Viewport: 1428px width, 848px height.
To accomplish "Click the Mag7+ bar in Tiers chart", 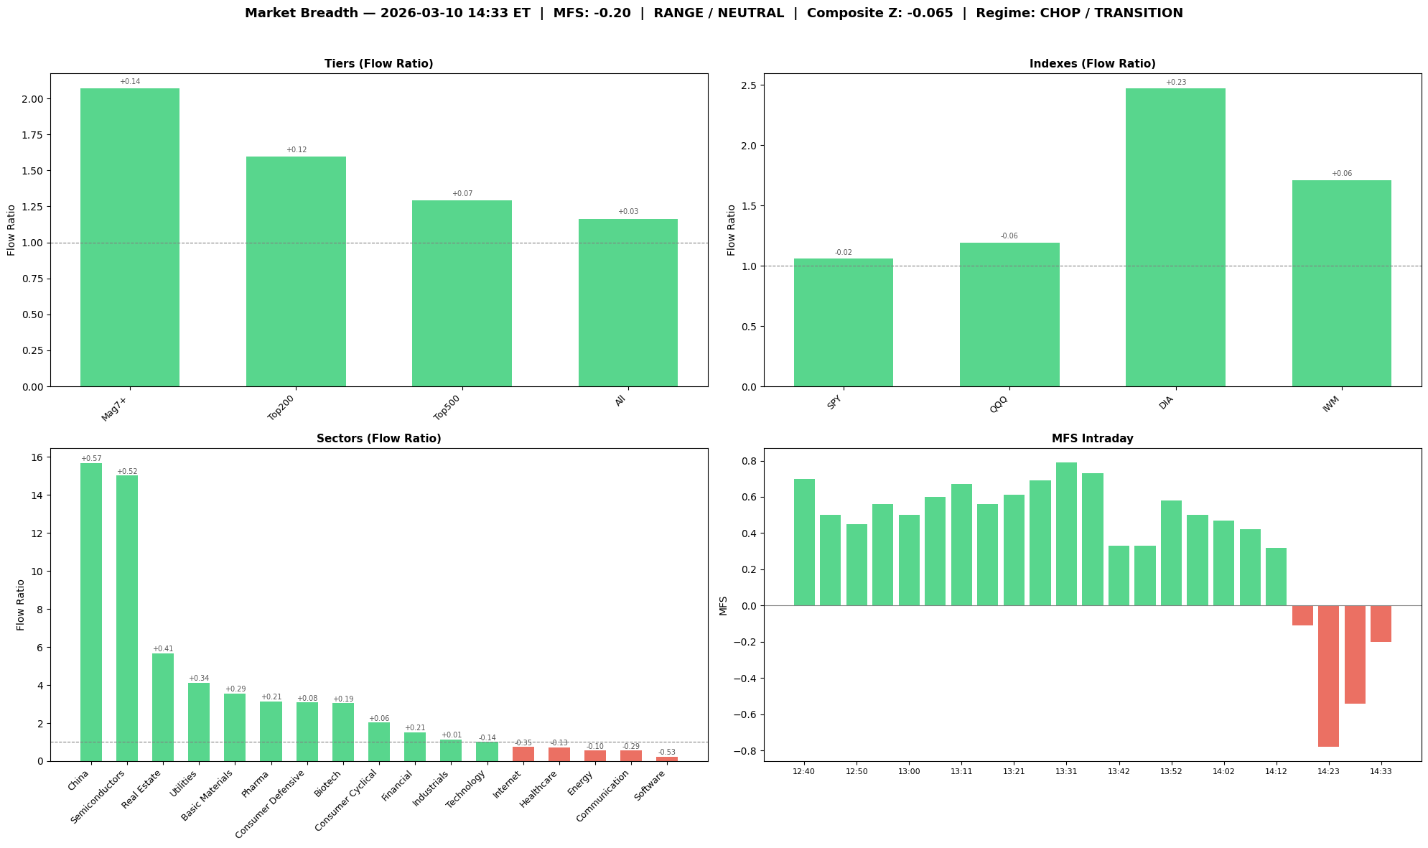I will click(130, 237).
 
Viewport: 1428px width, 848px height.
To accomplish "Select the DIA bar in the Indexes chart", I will click(1175, 237).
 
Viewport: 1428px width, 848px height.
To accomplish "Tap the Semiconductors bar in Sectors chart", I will click(127, 618).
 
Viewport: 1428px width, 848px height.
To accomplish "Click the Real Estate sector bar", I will click(163, 707).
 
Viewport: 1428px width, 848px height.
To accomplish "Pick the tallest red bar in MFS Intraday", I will click(1328, 676).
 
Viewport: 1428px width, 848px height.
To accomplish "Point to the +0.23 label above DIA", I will click(1176, 83).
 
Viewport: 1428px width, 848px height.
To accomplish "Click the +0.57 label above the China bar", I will click(91, 459).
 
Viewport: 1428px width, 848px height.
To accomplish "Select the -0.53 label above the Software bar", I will click(667, 753).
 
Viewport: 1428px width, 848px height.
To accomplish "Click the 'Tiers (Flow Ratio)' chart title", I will click(378, 64).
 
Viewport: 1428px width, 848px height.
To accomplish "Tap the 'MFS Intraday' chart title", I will click(1092, 439).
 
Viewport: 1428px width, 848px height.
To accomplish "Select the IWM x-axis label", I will click(1330, 406).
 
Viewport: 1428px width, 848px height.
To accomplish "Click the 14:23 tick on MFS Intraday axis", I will click(1328, 771).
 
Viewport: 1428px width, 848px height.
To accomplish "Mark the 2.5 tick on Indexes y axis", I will click(747, 85).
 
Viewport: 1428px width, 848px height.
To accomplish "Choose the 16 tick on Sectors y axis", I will click(37, 458).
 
